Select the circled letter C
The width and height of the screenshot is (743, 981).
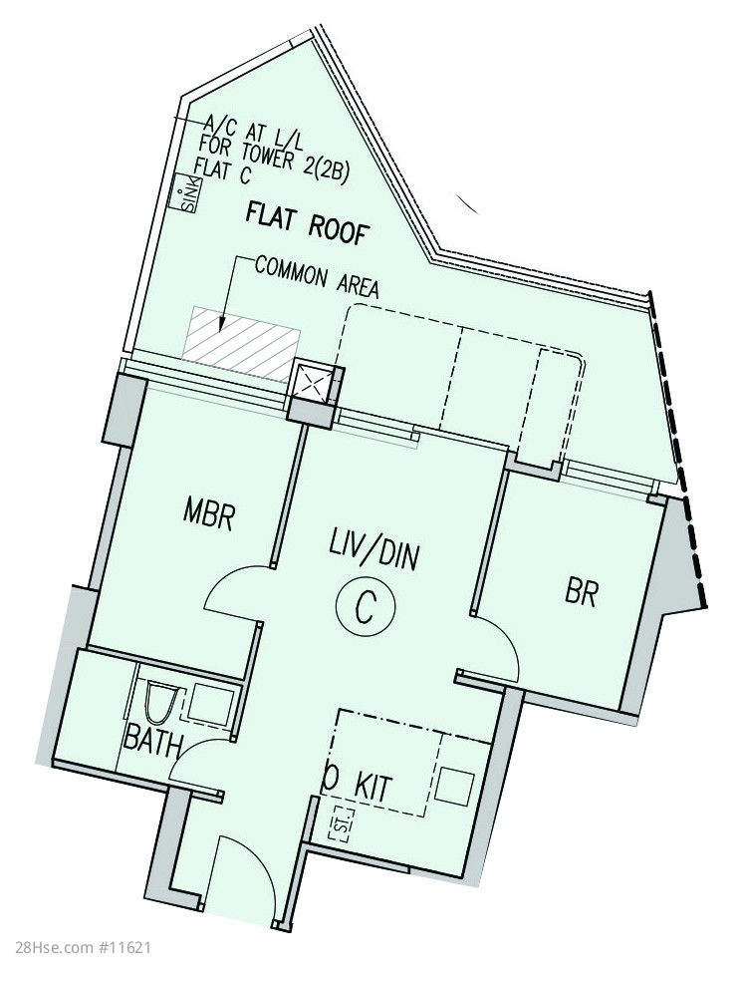pos(365,605)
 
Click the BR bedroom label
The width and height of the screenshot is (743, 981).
pos(581,592)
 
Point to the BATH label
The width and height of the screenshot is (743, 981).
pos(152,741)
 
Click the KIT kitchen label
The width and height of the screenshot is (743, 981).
pos(373,787)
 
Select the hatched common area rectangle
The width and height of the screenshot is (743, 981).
pos(242,342)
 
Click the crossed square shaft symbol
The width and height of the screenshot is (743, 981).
pos(311,381)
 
